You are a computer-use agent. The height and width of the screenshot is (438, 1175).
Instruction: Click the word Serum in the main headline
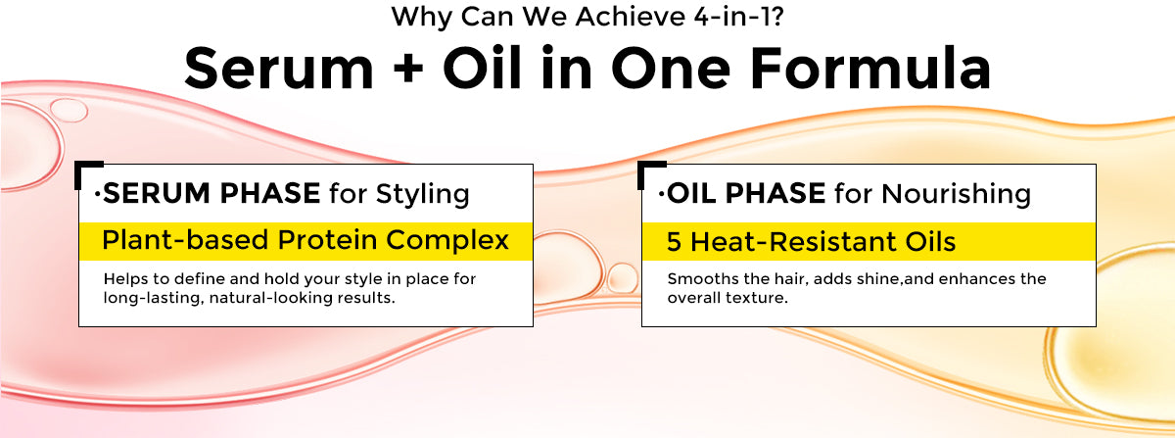[278, 69]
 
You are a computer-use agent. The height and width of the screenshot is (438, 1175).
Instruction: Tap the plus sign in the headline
[408, 70]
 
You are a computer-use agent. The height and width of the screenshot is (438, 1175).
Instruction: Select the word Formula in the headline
[870, 69]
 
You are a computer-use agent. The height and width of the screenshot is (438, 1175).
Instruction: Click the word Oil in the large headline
[482, 69]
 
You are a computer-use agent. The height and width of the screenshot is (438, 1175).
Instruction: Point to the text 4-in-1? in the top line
[738, 17]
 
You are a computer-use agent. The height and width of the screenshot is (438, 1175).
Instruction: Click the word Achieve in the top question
[630, 17]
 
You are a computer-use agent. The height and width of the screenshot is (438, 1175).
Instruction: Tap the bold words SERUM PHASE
[211, 193]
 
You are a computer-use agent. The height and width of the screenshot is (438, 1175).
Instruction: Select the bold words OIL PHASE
[746, 193]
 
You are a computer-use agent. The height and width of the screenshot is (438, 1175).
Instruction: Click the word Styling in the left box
[422, 194]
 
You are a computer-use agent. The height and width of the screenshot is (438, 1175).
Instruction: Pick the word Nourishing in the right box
[956, 194]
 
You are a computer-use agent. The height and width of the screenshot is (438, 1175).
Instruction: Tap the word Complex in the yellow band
[447, 241]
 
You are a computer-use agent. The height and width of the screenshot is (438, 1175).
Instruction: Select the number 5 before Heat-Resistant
[674, 242]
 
